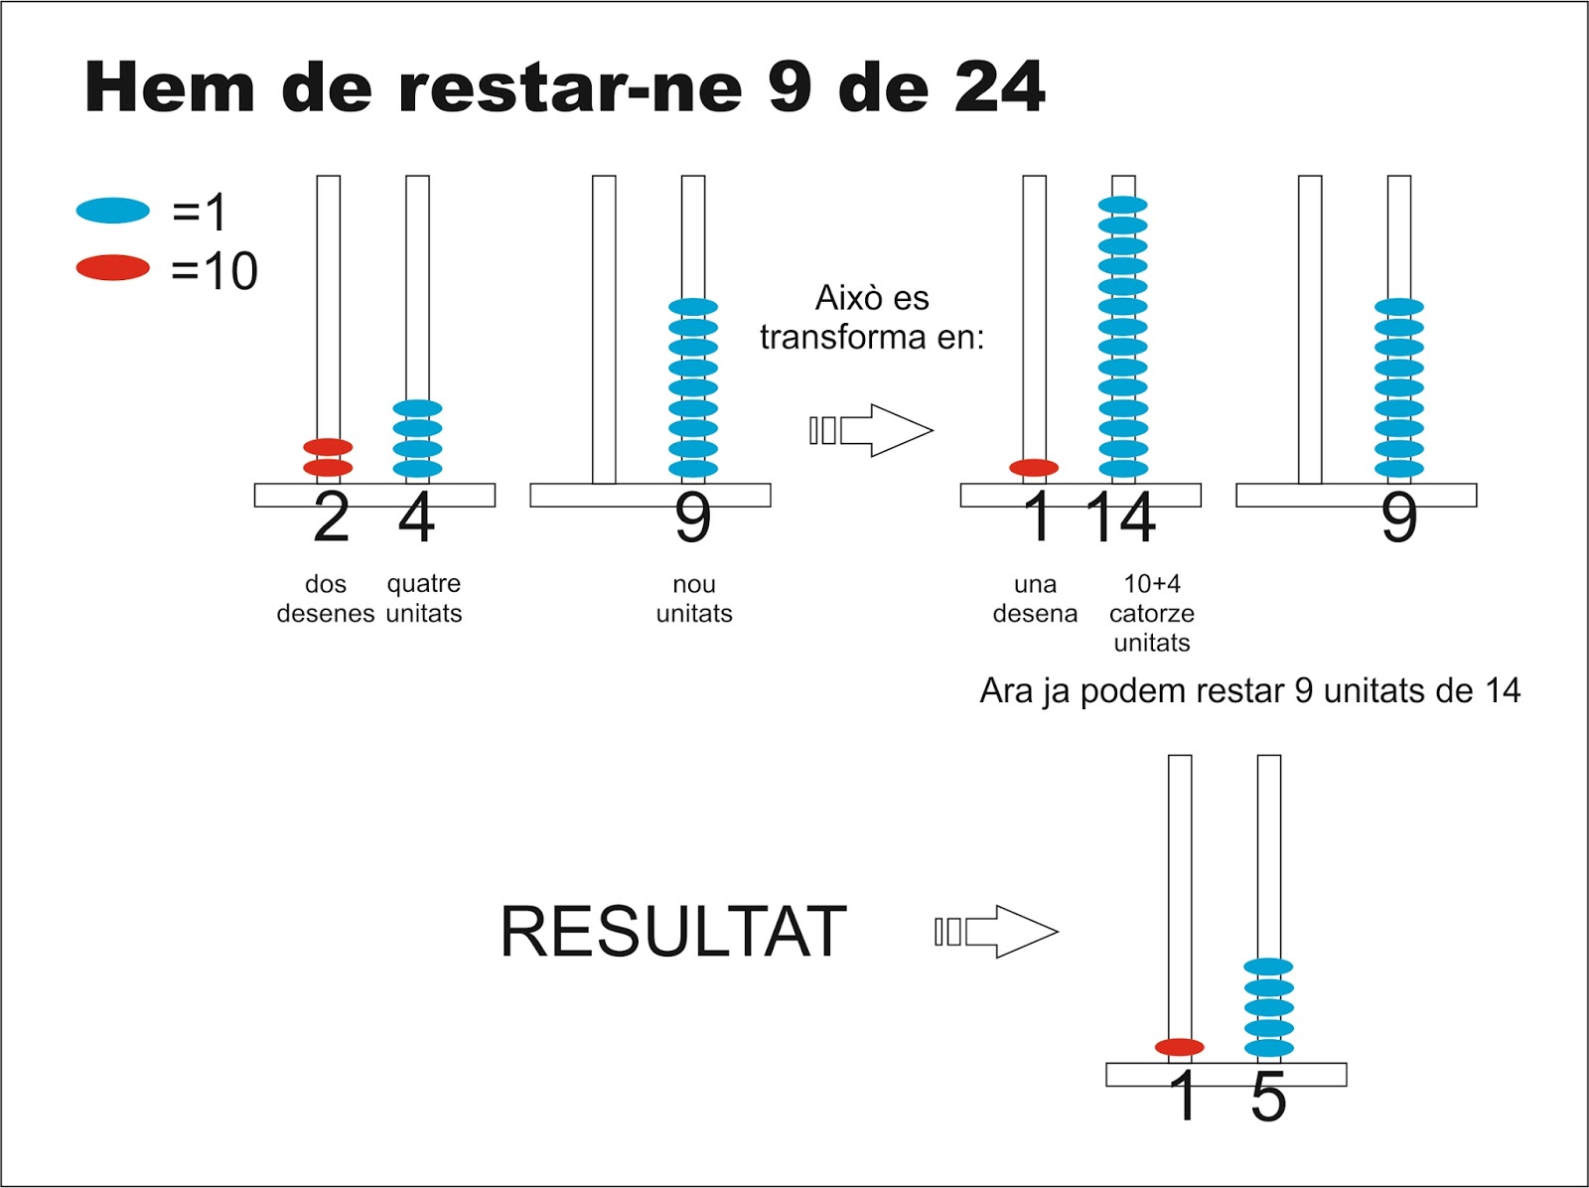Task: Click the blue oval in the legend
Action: [x=112, y=211]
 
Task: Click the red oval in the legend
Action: [x=112, y=268]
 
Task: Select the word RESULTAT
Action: [x=672, y=932]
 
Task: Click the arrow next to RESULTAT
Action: [x=997, y=932]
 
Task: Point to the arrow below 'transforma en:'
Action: [x=872, y=430]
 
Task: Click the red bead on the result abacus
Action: [x=1180, y=1047]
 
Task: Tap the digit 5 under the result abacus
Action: [x=1268, y=1098]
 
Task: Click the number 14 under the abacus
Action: [x=1120, y=519]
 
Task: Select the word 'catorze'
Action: [x=1152, y=614]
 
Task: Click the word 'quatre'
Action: [x=424, y=584]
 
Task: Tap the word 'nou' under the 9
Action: [x=694, y=584]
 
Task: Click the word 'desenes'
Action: [x=326, y=614]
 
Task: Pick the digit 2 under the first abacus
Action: [x=331, y=519]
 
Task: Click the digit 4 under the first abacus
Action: [x=417, y=519]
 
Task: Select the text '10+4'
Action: [x=1152, y=584]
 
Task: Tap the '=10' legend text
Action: [x=215, y=270]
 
